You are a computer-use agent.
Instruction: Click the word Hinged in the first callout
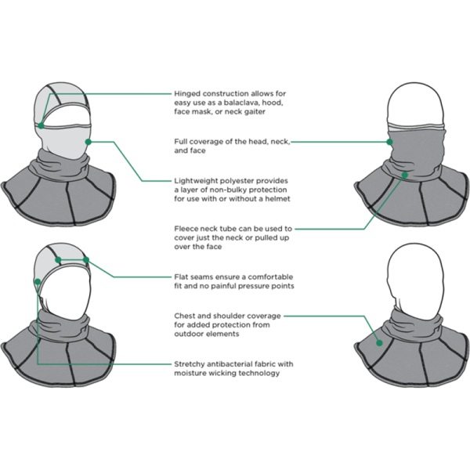coord(186,93)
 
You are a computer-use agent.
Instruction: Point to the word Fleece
coord(185,228)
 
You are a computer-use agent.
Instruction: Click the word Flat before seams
coord(180,277)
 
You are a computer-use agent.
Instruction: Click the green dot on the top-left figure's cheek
coord(89,142)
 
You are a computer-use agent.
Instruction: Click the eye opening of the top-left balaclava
coord(69,121)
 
